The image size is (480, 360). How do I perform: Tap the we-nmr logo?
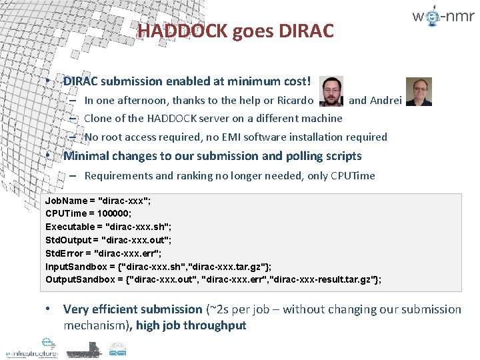pyautogui.click(x=443, y=18)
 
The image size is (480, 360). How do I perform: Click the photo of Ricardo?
pyautogui.click(x=331, y=91)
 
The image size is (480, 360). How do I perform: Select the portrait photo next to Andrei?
pyautogui.click(x=419, y=92)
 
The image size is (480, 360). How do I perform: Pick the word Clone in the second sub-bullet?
pyautogui.click(x=98, y=119)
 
